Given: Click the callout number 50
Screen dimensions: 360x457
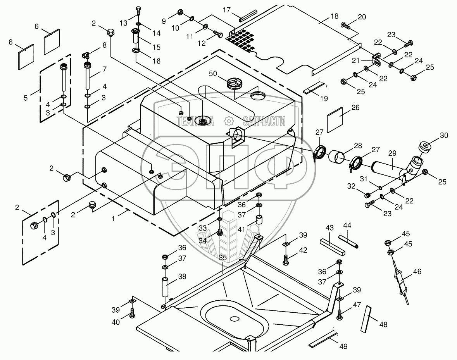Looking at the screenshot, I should coord(213,73).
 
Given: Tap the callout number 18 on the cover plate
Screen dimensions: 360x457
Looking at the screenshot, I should coord(335,16).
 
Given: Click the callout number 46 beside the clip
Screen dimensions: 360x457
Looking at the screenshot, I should coord(417,272).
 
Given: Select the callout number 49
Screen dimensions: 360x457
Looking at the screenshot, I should coord(344,346).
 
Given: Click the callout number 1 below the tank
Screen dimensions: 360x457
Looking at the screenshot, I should coord(113,219).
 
